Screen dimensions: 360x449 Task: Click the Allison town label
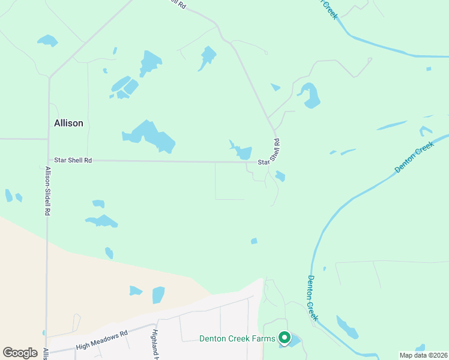coord(68,123)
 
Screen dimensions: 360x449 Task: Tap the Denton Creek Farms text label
coord(237,339)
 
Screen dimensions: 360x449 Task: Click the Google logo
coord(20,352)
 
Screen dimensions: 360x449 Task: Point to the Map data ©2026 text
coord(423,355)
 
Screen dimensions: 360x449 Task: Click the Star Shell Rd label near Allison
coord(73,160)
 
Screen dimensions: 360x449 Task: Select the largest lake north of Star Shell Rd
coord(150,136)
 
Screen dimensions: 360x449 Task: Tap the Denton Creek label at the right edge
coord(414,158)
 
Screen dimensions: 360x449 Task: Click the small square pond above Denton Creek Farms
coord(254,241)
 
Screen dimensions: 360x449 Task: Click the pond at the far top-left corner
coord(47,41)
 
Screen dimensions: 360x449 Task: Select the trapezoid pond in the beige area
coord(158,295)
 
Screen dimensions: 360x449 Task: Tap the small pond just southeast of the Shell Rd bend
coord(280,176)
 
